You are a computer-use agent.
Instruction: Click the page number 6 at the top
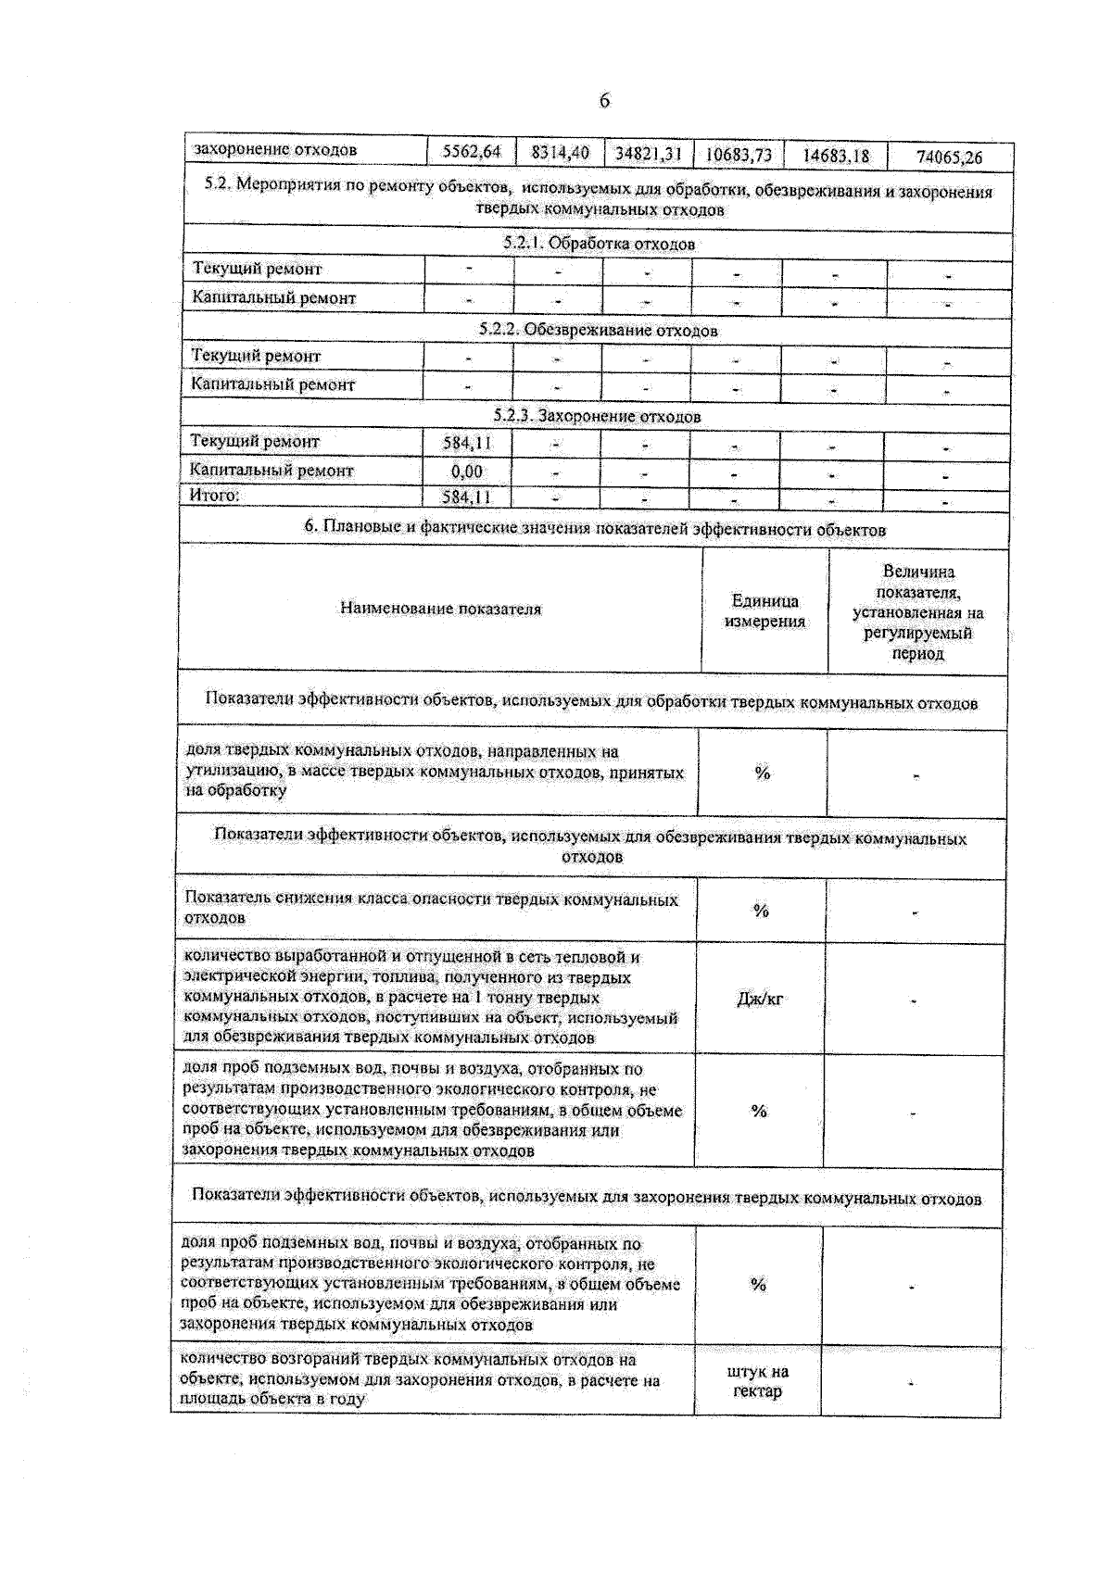click(604, 100)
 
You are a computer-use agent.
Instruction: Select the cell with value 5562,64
click(471, 151)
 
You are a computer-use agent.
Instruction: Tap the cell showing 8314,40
click(560, 152)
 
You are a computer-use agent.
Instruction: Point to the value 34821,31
click(648, 153)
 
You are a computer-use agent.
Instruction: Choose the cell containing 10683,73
click(739, 155)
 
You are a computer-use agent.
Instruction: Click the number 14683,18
click(835, 156)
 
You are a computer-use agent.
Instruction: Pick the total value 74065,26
click(949, 157)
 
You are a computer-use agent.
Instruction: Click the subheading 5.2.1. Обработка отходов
click(599, 244)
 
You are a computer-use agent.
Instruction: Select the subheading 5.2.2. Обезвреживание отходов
click(598, 330)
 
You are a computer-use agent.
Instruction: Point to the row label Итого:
click(214, 496)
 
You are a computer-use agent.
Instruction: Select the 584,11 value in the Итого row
click(466, 497)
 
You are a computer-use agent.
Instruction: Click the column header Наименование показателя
click(440, 609)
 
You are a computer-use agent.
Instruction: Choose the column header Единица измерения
click(764, 610)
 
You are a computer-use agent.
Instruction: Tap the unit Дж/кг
click(760, 999)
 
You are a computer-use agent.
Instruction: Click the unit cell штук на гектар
click(757, 1381)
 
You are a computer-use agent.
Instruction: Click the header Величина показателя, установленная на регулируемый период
click(917, 612)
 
